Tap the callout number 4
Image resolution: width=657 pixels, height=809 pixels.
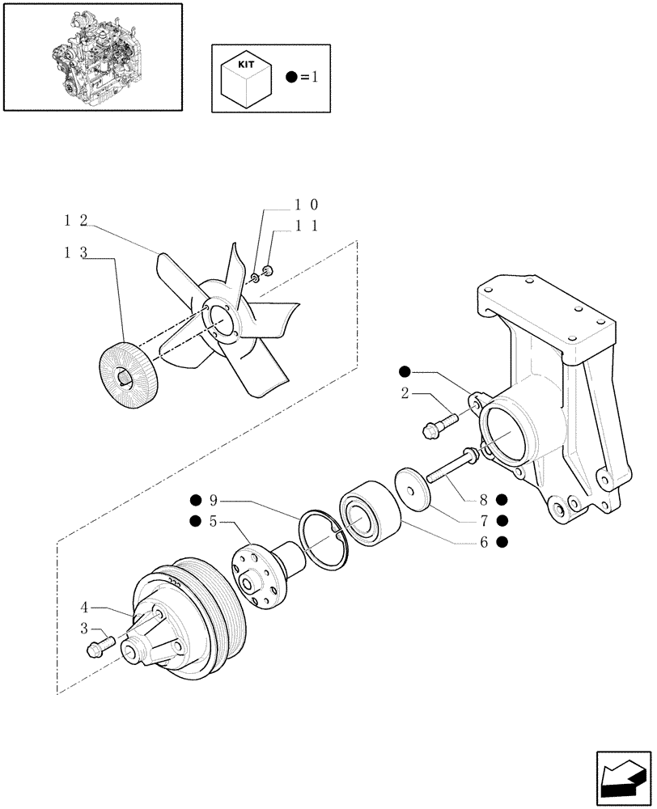(x=84, y=604)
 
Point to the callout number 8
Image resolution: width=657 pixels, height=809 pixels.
(x=483, y=499)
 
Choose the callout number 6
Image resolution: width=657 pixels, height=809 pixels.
(x=483, y=541)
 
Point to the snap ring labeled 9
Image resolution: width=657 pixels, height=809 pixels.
(x=324, y=535)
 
